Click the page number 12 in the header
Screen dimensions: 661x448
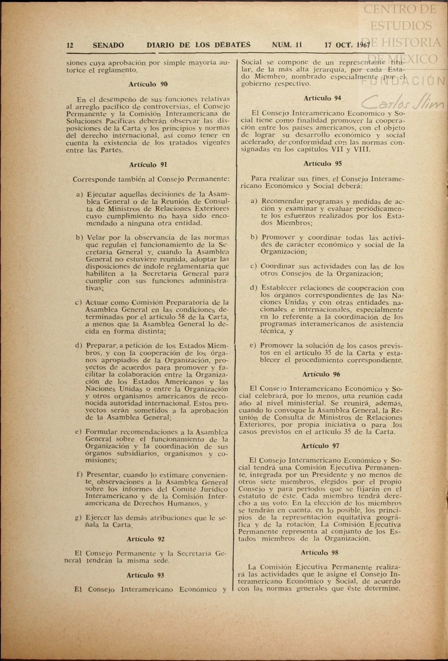(70, 45)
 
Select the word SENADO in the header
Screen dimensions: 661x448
(108, 45)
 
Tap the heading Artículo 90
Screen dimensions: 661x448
(148, 84)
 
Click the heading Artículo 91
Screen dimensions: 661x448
(148, 165)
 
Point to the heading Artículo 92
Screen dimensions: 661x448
(145, 539)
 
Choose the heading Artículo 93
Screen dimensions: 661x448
(145, 575)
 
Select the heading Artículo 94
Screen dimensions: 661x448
(322, 98)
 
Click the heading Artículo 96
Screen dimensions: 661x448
(321, 374)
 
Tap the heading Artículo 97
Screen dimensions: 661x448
(320, 446)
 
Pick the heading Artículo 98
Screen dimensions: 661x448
(319, 552)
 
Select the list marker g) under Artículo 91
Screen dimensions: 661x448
(78, 518)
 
